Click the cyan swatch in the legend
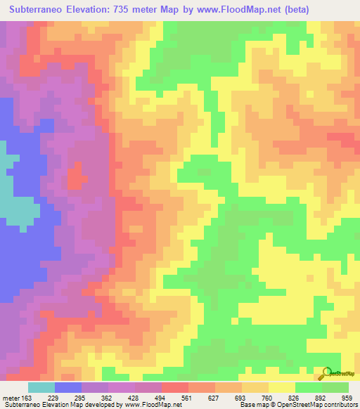(41, 387)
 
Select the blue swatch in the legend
(68, 387)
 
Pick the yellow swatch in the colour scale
(281, 387)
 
